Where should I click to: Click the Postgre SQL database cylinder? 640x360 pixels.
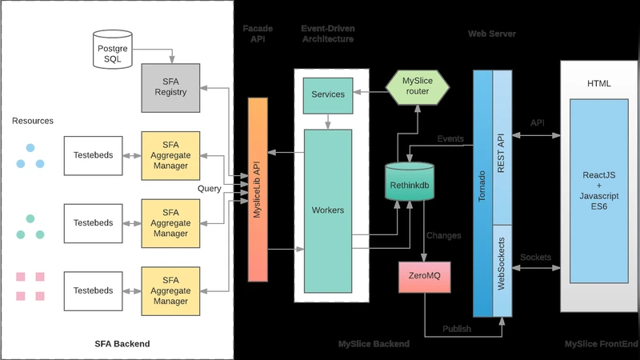112,51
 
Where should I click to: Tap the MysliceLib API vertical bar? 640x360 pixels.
258,190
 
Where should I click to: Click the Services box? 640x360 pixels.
329,94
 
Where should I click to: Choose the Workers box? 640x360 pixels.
328,210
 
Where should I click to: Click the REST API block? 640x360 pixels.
502,147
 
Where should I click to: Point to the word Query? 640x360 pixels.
210,189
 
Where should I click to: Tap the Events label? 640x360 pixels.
450,139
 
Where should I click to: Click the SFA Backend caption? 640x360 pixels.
122,344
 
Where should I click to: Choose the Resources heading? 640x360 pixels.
33,121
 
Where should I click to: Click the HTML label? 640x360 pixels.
599,84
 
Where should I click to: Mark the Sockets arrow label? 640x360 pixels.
535,257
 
